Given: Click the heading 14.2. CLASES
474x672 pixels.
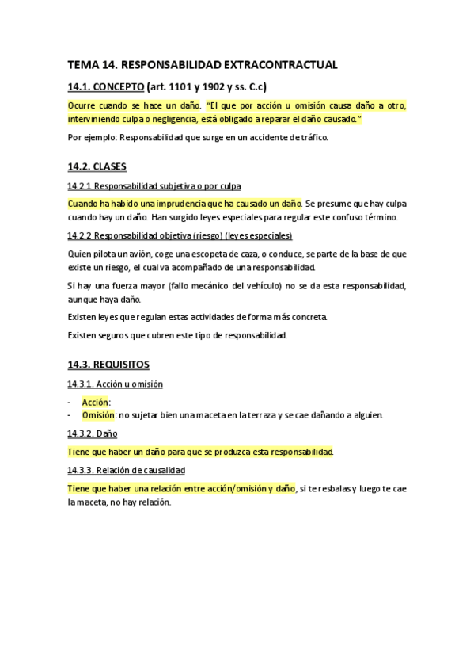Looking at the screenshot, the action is (97, 167).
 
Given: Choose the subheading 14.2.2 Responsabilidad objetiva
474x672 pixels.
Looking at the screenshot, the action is (180, 235).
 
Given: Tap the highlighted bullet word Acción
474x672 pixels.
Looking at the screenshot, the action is (96, 403).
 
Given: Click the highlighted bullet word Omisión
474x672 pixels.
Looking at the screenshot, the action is (99, 414).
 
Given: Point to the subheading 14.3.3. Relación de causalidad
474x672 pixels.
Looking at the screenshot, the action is (127, 470).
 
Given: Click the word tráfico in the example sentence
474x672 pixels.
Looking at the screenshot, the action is (309, 137).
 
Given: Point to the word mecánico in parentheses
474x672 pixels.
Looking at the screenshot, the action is (219, 285).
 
